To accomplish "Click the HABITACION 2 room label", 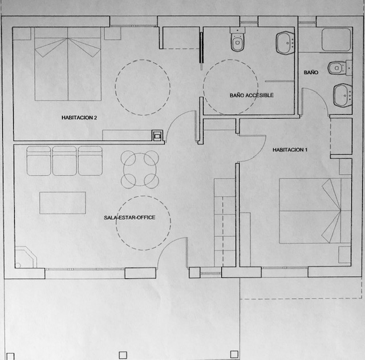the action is (x=79, y=118).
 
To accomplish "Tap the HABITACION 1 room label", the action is (x=290, y=149).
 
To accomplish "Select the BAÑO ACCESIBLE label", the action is (x=252, y=95).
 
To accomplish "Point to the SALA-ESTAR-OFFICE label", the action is (x=129, y=217).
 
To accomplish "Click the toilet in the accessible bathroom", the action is (x=238, y=39).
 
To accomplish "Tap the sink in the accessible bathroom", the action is (x=285, y=43).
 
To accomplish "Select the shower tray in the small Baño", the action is (x=336, y=39).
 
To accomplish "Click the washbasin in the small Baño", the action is (x=342, y=95).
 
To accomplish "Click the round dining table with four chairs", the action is (x=140, y=169).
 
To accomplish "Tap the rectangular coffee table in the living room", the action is (x=63, y=203).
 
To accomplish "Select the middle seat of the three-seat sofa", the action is (x=64, y=161).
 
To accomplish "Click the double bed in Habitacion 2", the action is (x=68, y=64).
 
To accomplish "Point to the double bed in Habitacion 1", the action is (x=315, y=211).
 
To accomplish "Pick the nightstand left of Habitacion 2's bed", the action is (x=22, y=33).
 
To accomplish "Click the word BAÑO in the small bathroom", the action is (x=311, y=72).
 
